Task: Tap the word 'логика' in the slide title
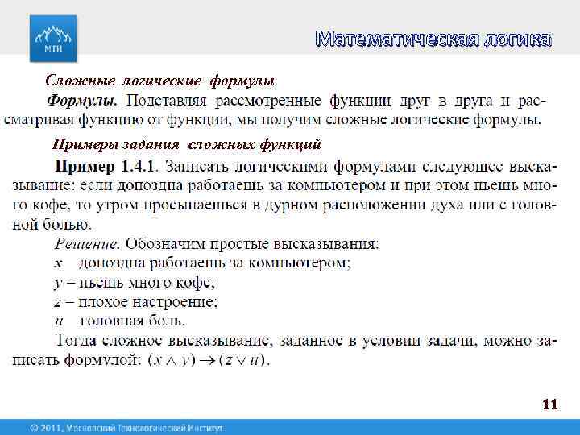click(x=519, y=39)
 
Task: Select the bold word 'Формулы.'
click(x=82, y=101)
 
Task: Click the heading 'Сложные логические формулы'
click(x=160, y=81)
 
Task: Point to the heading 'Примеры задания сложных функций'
click(x=186, y=144)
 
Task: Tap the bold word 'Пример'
click(x=85, y=167)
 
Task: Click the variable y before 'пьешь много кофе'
click(x=58, y=283)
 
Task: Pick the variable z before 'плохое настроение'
click(x=58, y=302)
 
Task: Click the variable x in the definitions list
click(x=58, y=263)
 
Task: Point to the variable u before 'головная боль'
click(x=58, y=321)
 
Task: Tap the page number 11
click(x=550, y=404)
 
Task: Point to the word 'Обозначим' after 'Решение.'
click(x=166, y=243)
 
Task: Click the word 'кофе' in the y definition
click(x=196, y=283)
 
